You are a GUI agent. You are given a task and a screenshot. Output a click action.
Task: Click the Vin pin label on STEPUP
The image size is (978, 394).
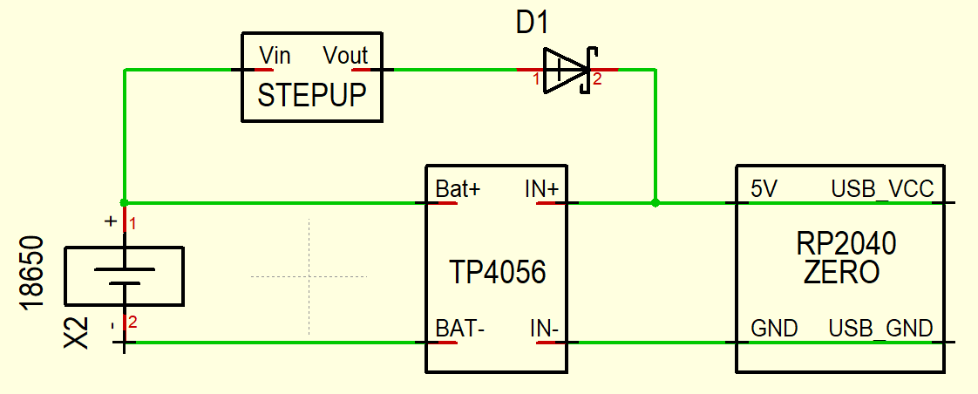click(275, 56)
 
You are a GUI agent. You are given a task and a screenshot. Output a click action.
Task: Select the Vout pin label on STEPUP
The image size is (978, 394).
click(345, 56)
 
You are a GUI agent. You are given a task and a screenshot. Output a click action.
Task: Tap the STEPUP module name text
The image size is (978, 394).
click(312, 96)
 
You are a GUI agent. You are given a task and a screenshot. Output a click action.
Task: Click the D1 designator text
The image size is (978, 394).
click(532, 24)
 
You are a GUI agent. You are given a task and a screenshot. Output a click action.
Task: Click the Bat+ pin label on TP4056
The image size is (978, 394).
click(458, 189)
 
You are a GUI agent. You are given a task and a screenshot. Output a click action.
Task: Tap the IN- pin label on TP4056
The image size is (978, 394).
click(545, 328)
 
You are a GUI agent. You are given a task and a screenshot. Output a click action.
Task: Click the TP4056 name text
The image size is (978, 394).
click(498, 272)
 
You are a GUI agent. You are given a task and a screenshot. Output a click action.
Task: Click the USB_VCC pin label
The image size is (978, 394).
click(882, 189)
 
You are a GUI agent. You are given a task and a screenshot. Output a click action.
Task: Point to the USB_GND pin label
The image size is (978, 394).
click(880, 329)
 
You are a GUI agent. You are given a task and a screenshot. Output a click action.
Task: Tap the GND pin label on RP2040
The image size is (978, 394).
click(774, 328)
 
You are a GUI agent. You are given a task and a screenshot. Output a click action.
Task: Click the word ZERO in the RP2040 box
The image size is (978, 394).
click(841, 273)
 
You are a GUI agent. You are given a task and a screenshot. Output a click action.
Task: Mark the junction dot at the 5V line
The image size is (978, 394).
click(655, 202)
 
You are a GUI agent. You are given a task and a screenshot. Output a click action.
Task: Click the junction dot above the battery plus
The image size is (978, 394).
click(124, 202)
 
